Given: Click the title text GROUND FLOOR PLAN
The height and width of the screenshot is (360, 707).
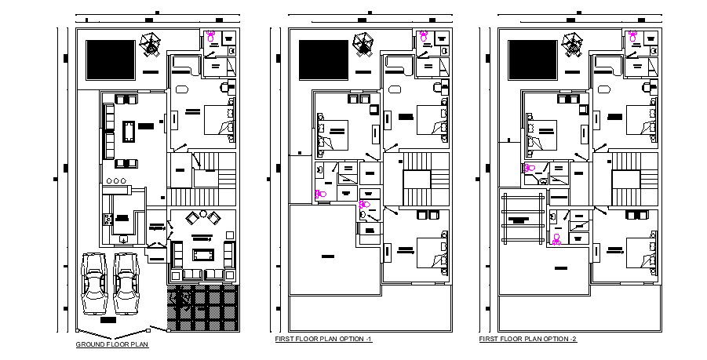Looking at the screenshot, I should (111, 344).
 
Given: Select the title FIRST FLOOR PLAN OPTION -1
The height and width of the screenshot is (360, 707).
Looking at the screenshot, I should (323, 339).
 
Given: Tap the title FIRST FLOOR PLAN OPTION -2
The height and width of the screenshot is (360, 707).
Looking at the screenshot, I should (528, 339).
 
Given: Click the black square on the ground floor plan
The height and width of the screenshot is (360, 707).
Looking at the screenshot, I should (104, 59).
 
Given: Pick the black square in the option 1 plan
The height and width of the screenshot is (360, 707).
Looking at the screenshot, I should (321, 59).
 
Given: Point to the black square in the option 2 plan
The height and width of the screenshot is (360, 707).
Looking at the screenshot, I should (532, 59).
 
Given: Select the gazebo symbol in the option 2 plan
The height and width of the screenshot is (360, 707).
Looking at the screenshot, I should (574, 44).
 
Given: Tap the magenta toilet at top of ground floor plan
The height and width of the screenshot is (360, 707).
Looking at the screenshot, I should (210, 35).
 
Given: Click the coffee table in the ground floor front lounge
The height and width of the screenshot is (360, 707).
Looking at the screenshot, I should (202, 254).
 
